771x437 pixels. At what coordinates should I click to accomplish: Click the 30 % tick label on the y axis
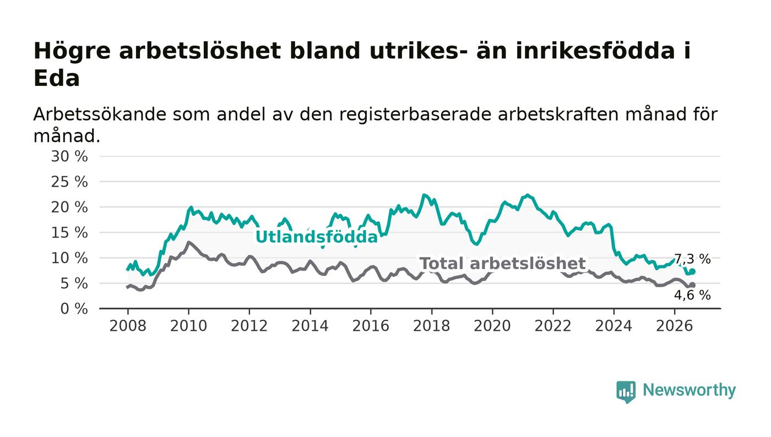point(69,156)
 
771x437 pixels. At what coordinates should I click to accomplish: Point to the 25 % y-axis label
point(69,182)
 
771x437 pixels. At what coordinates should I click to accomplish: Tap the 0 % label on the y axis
point(74,309)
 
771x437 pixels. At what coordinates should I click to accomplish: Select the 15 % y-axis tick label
point(69,233)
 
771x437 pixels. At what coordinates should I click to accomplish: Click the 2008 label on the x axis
point(128,326)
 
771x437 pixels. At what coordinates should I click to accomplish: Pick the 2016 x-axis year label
point(371,326)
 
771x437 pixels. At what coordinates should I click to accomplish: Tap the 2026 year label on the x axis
point(674,326)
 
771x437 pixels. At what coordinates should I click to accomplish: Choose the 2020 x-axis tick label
point(492,326)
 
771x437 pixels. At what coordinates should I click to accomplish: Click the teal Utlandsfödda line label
point(317,237)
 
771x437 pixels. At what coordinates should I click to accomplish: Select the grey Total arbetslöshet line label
point(503,264)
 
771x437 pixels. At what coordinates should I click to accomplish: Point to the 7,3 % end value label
point(692,259)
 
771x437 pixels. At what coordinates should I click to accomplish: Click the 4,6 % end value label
point(692,295)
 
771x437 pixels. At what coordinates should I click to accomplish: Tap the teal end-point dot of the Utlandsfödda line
point(693,271)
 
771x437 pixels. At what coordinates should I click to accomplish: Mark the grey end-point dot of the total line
point(693,285)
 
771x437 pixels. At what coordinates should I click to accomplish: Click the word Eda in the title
point(57,79)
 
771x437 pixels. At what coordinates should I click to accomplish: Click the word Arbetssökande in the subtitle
point(100,114)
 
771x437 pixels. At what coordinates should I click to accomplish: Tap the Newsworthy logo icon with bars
point(626,392)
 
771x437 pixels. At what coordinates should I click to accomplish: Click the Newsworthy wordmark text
point(689,390)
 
